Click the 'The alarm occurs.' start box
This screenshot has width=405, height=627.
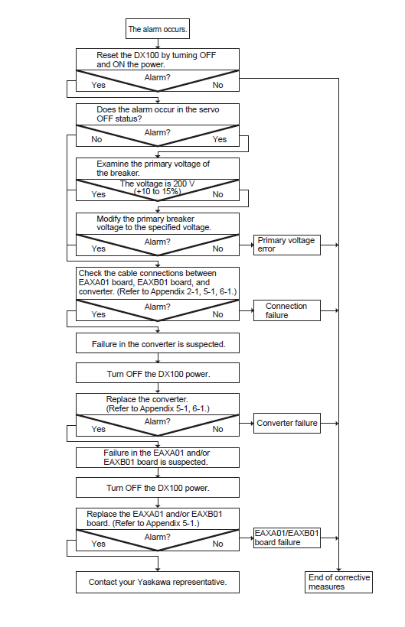click(157, 29)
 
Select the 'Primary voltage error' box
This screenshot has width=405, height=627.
click(287, 245)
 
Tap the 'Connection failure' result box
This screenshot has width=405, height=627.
click(287, 310)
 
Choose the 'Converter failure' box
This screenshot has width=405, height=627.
click(287, 423)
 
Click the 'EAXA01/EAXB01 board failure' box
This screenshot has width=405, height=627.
click(287, 538)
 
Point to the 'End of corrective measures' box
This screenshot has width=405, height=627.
click(338, 582)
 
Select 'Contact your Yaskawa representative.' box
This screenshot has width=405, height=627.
click(158, 582)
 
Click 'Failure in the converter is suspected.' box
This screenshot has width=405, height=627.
click(158, 343)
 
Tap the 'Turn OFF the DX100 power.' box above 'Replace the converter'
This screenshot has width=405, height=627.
click(158, 373)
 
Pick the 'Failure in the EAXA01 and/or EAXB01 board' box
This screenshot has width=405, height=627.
click(158, 457)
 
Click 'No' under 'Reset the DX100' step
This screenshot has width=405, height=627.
click(217, 85)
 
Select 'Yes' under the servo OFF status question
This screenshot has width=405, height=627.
click(220, 140)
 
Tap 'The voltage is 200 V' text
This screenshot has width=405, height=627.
click(157, 184)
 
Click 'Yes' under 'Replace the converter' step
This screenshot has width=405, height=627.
click(99, 429)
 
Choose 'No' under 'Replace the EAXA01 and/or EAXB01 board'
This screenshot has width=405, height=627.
click(217, 544)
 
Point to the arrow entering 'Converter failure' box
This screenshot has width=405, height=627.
click(247, 423)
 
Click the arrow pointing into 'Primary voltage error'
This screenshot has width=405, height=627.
click(247, 245)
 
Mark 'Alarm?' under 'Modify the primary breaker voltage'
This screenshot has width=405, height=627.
click(157, 242)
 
